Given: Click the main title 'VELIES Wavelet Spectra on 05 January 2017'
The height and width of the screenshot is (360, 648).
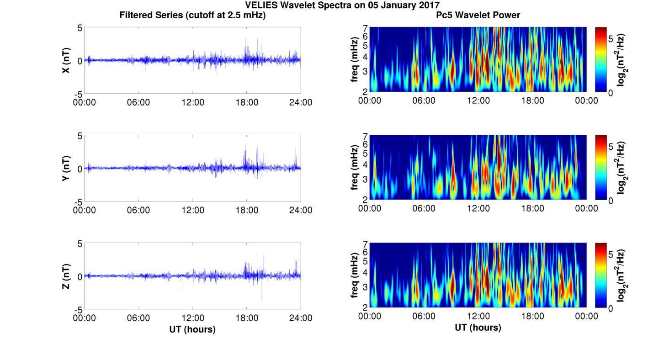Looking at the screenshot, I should coord(342,5).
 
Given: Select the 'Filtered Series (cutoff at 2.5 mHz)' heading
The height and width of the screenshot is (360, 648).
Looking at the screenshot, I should coord(192,15).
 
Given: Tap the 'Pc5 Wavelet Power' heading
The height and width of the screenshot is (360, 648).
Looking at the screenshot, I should coord(478,15).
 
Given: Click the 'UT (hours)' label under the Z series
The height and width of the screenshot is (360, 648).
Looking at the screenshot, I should coord(192,329).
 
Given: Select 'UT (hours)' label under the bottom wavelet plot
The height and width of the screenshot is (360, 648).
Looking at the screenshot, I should coord(478,328).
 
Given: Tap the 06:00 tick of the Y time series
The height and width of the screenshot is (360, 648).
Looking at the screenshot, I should coord(138,210).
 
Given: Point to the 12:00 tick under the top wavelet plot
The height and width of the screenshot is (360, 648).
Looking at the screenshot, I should coord(478,101).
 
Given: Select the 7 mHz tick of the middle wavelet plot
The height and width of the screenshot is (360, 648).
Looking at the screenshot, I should coord(365,136).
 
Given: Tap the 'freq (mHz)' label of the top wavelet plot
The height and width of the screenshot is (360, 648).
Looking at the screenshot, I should coord(354,60).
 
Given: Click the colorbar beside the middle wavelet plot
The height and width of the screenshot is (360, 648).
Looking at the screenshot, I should coord(601,168).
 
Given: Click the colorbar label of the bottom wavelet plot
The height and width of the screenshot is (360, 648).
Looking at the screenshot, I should coord(621,275).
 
